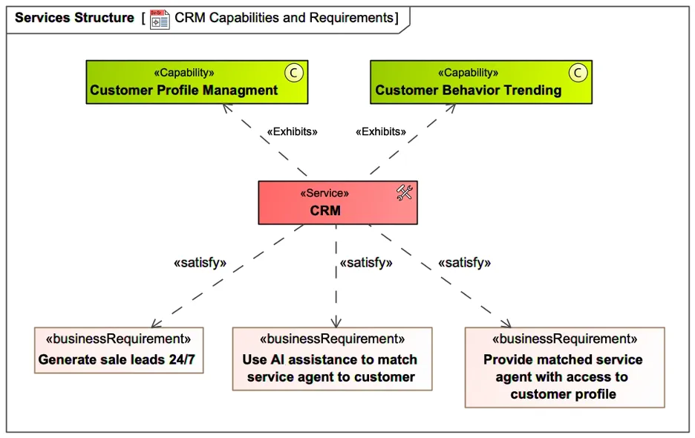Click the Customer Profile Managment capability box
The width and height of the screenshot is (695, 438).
click(197, 82)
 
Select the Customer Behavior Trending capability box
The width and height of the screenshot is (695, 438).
click(481, 82)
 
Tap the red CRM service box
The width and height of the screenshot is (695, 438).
click(338, 203)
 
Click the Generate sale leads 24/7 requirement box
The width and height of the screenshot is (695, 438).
click(119, 350)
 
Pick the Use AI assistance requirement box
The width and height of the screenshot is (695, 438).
click(332, 359)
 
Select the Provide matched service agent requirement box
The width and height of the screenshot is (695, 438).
click(564, 367)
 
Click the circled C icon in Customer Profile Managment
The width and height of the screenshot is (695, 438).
click(294, 72)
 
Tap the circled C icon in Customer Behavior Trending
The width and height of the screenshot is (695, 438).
click(578, 72)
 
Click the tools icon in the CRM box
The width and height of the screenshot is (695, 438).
click(405, 193)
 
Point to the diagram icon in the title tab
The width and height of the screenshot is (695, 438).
click(160, 19)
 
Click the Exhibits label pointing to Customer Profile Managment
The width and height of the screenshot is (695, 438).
click(292, 131)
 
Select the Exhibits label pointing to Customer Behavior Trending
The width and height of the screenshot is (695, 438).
click(381, 131)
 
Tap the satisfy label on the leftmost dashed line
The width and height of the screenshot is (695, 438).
click(200, 263)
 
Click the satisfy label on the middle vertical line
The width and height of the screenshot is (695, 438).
click(366, 263)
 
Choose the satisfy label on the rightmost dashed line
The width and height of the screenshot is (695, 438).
click(465, 263)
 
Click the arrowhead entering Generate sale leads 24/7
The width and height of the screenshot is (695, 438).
click(154, 324)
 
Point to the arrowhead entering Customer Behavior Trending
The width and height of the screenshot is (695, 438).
click(451, 108)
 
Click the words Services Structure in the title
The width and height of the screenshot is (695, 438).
click(74, 18)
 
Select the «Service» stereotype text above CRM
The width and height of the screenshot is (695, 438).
click(325, 193)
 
